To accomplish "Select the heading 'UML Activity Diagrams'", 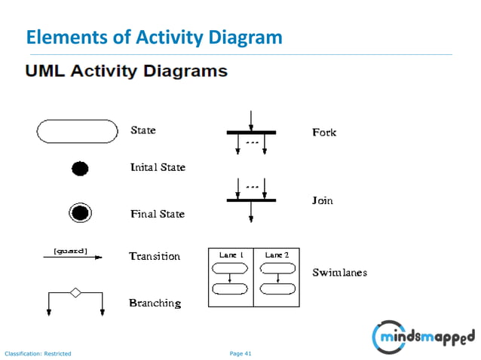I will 126,72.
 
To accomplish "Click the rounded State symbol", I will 78,131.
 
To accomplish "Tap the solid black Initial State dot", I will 80,169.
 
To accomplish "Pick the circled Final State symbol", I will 80,213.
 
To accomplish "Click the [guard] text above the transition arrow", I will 70,251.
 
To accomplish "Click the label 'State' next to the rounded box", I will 143,130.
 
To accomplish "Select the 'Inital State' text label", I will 158,166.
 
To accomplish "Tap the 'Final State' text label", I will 157,214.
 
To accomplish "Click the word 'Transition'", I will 155,256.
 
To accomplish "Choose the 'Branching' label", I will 155,303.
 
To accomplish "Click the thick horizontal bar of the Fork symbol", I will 251,133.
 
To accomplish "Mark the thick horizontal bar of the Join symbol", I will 251,200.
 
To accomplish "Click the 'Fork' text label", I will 324,133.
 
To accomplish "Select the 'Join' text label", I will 322,201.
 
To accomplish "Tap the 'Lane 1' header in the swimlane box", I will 231,255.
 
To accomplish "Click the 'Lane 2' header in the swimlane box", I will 277,255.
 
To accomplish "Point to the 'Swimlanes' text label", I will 339,272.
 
